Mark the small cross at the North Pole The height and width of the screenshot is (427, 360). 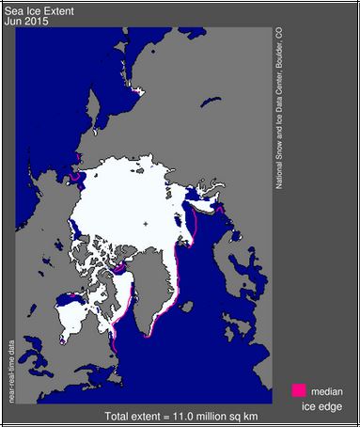coord(147,223)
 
